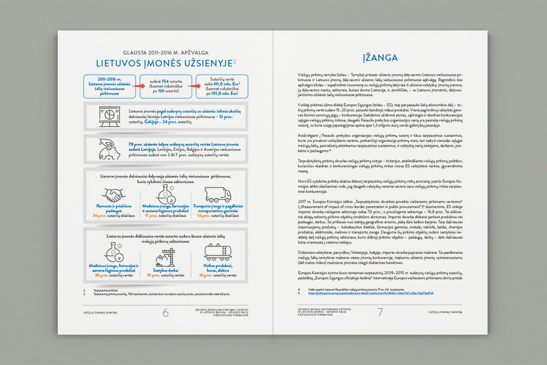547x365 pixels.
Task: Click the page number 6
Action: click(166, 313)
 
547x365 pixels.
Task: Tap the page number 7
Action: click(380, 313)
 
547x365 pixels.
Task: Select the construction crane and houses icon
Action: click(165, 258)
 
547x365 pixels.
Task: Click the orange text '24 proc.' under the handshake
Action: click(100, 215)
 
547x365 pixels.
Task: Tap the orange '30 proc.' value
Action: click(100, 276)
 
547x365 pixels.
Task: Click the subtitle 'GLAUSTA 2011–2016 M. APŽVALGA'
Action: click(165, 52)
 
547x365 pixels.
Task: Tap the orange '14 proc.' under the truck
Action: click(203, 215)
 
